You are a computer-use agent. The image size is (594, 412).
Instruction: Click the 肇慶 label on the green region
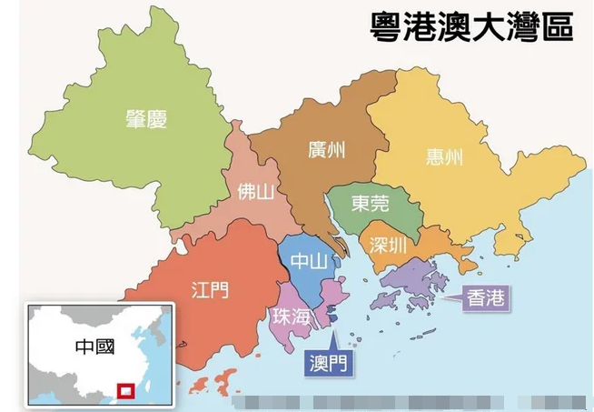(149, 118)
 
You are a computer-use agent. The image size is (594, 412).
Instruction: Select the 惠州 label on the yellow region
(444, 157)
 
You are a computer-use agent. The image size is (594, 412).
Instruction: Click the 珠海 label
(291, 316)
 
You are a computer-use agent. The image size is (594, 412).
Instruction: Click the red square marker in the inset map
(126, 391)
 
